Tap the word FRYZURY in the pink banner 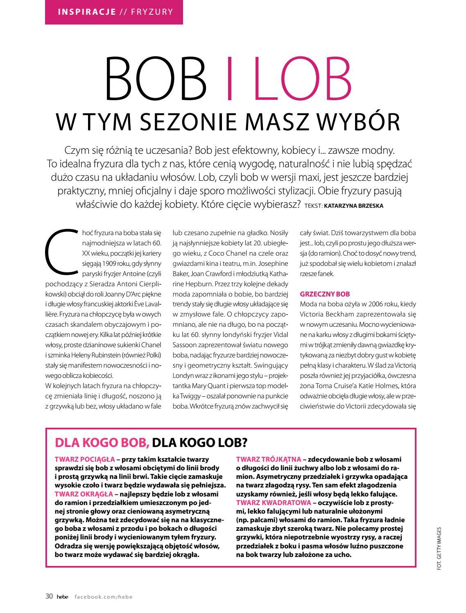pos(152,11)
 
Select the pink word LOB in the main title pos(304,79)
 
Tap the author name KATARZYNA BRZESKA pos(353,206)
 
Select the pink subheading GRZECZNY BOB pos(325,294)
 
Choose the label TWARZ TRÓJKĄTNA pos(269,459)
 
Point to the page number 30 pos(49,597)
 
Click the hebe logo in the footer pos(63,597)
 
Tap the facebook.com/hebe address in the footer pos(104,597)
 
